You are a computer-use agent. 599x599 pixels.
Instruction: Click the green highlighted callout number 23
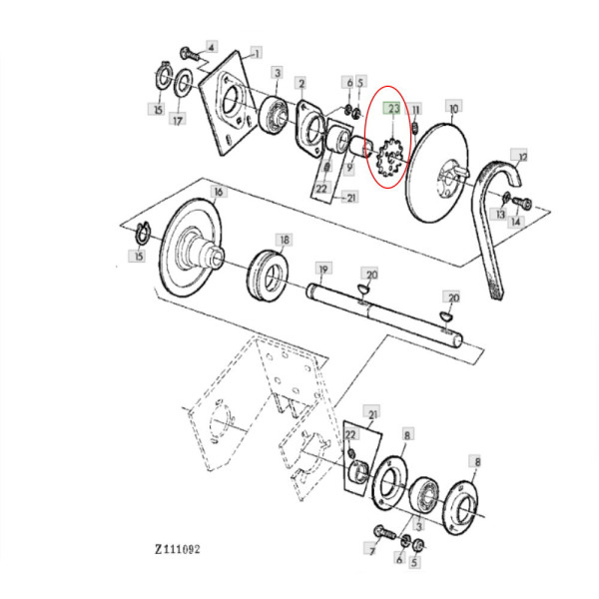click(x=393, y=108)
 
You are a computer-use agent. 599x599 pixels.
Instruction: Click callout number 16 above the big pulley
click(x=218, y=191)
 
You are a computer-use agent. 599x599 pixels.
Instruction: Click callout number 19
click(x=322, y=270)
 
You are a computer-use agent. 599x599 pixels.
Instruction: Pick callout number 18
click(x=285, y=241)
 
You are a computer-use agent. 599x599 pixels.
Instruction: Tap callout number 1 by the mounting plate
click(x=257, y=52)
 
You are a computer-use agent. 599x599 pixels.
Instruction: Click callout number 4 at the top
click(x=211, y=47)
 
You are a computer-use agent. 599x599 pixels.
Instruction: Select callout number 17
click(x=177, y=121)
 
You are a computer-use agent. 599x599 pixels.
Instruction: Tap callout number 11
click(x=416, y=108)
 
